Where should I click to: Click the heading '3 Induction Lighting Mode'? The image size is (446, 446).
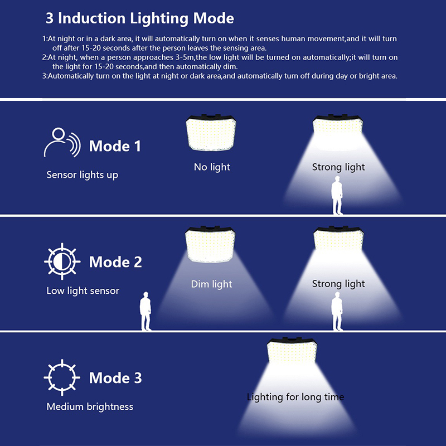(139, 18)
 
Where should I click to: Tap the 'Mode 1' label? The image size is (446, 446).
(115, 146)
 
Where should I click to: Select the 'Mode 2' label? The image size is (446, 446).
(115, 261)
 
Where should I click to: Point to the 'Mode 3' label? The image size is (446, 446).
(115, 377)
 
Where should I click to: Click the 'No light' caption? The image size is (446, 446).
(212, 167)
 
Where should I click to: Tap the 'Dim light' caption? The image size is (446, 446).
(211, 284)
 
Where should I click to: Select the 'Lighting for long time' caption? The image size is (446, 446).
(295, 397)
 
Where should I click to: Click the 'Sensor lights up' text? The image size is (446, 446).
(82, 175)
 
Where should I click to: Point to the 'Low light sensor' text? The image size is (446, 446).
(83, 290)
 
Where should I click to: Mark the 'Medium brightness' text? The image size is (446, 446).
(90, 406)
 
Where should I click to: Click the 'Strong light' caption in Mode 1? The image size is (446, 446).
(338, 167)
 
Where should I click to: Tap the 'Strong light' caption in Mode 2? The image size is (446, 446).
(338, 284)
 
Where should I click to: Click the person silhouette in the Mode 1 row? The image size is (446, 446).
(337, 195)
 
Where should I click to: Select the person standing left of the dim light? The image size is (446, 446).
(146, 311)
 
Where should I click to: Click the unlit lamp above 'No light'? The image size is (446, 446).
(212, 134)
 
